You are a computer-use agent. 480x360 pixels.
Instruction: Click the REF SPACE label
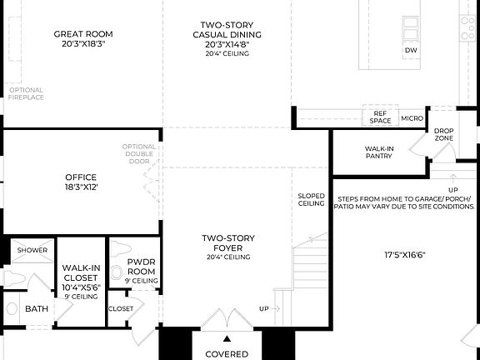coord(380,117)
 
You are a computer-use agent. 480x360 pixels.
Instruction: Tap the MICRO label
coord(412,118)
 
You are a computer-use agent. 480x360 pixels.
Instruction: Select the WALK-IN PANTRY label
coord(379,152)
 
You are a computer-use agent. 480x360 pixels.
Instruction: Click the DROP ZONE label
coord(443,134)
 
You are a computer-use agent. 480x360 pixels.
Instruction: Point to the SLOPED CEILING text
coord(312,199)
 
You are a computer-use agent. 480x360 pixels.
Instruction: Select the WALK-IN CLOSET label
coord(82,277)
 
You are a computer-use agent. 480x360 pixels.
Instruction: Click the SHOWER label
coord(33,250)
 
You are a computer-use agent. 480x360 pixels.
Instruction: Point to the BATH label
coord(37,308)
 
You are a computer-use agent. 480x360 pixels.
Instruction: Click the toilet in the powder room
coord(117,270)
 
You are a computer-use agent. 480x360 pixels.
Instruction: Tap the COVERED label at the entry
coord(227,353)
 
